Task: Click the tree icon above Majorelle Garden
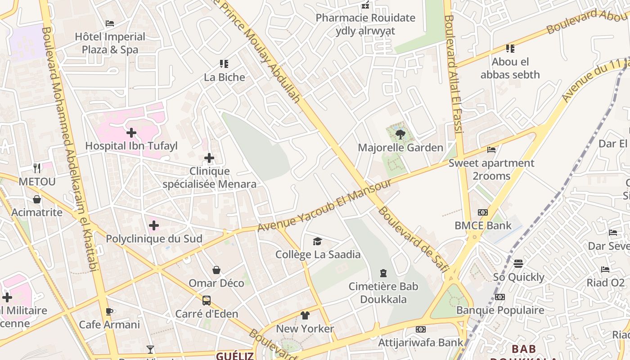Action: pyautogui.click(x=400, y=134)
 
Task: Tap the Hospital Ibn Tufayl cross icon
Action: pyautogui.click(x=131, y=133)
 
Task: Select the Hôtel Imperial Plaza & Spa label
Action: pyautogui.click(x=110, y=43)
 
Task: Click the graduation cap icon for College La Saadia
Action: pyautogui.click(x=318, y=242)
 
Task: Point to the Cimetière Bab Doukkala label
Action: pyautogui.click(x=383, y=293)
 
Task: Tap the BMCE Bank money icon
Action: pyautogui.click(x=483, y=212)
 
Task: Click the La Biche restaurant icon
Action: pyautogui.click(x=224, y=64)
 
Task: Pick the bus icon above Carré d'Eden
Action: pyautogui.click(x=207, y=301)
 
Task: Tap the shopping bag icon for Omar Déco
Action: pyautogui.click(x=216, y=270)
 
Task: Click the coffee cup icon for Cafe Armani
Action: pyautogui.click(x=109, y=311)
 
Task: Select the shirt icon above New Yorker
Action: pyautogui.click(x=305, y=315)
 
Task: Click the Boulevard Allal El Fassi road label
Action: pyautogui.click(x=454, y=74)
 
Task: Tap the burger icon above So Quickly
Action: pyautogui.click(x=518, y=264)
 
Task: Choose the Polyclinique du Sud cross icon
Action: pyautogui.click(x=154, y=225)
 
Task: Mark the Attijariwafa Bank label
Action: pyautogui.click(x=420, y=342)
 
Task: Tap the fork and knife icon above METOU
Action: pyautogui.click(x=37, y=168)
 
